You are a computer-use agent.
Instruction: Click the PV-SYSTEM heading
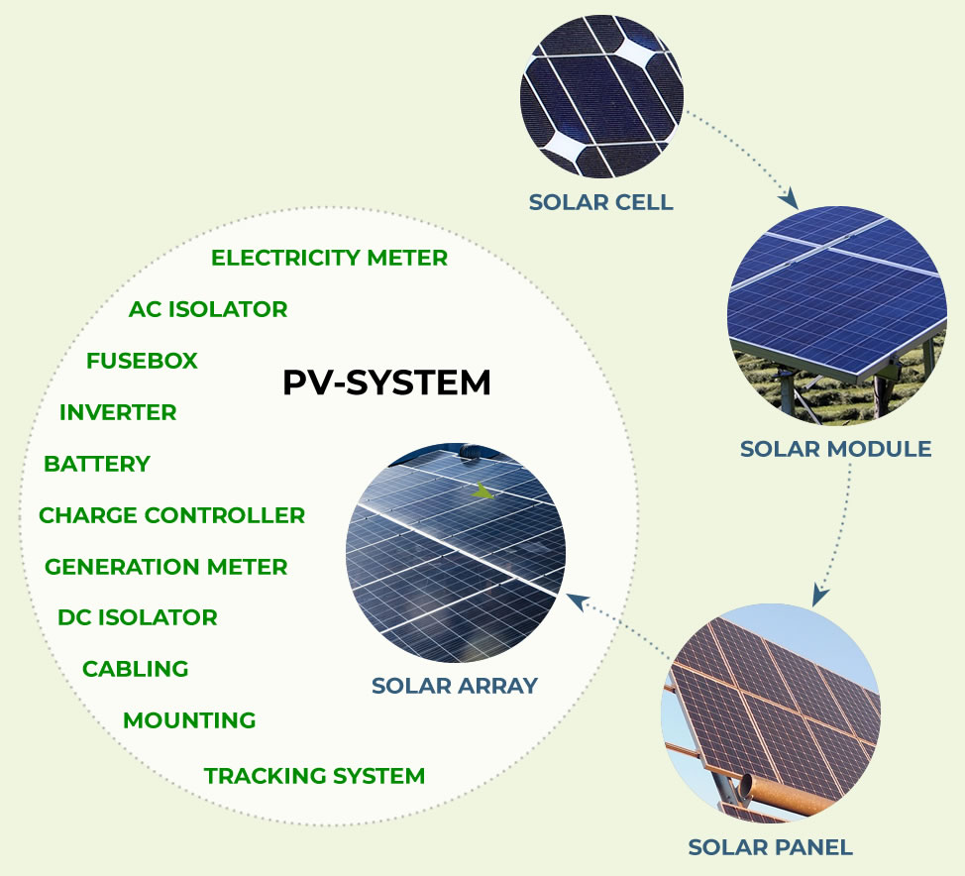click(386, 383)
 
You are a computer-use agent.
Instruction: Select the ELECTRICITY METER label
click(329, 258)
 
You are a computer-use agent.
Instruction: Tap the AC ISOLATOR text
click(208, 309)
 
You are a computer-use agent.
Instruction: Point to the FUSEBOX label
click(142, 361)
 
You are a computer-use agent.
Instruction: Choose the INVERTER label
click(118, 412)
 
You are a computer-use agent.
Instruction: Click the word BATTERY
click(97, 464)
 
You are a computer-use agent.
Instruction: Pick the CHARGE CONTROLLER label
click(171, 515)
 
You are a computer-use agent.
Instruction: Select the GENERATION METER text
click(166, 567)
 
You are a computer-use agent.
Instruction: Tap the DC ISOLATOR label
click(138, 617)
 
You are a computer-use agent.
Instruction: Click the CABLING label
click(136, 669)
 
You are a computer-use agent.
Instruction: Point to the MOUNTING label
click(189, 720)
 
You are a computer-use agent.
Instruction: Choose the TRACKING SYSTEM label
click(314, 776)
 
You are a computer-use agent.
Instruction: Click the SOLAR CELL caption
click(601, 202)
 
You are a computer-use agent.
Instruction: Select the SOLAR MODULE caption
click(836, 449)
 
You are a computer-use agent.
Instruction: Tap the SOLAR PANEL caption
click(771, 847)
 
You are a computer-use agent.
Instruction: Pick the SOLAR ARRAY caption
click(455, 686)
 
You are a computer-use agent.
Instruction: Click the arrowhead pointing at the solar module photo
click(789, 199)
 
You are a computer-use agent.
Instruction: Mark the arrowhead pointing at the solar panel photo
click(819, 595)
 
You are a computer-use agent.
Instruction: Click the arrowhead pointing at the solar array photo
click(577, 601)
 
